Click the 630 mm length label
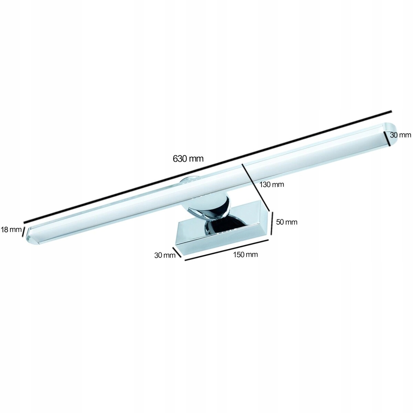tap(188, 159)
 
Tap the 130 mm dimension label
tap(272, 184)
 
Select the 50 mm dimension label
tap(287, 222)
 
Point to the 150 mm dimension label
tap(245, 255)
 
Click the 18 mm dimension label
tap(11, 230)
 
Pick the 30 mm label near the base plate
tap(165, 255)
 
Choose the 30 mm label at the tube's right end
tap(400, 135)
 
